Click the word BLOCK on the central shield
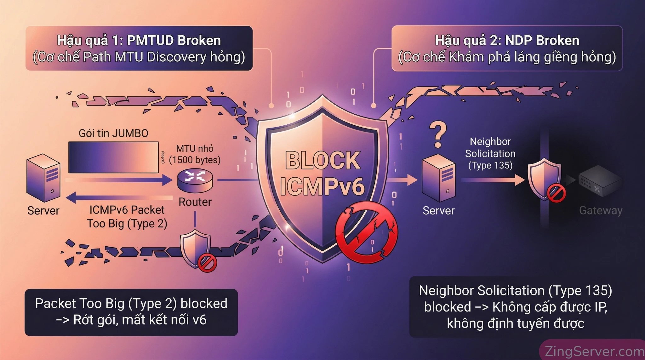point(322,160)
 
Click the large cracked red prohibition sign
point(366,232)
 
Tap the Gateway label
point(601,210)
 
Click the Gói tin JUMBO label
point(113,133)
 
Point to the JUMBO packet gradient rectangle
point(113,157)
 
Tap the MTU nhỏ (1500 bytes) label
point(195,154)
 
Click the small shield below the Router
point(195,248)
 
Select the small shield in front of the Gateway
point(544,179)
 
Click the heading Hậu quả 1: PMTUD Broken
point(139,41)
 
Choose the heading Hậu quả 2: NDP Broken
point(507,41)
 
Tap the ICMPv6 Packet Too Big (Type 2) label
point(127,217)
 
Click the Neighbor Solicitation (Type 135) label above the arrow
point(490,153)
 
